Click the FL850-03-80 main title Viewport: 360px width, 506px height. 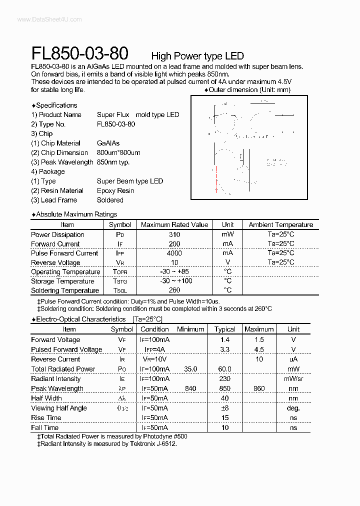pos(79,53)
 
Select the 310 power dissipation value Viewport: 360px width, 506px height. pos(174,234)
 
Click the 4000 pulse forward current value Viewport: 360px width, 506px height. pos(174,253)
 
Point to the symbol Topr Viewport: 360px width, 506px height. pos(120,272)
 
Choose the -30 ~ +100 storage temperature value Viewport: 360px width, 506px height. pos(174,281)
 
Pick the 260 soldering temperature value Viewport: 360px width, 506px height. pos(174,290)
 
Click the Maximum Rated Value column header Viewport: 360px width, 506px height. pos(174,225)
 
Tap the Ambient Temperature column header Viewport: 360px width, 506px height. pos(280,225)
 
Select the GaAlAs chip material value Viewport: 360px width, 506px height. pos(108,143)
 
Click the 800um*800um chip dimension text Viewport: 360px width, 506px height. pos(118,153)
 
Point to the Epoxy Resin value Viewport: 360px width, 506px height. pos(115,191)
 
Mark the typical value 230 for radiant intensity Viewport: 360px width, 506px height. pos(224,379)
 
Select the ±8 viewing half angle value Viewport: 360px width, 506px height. pos(224,408)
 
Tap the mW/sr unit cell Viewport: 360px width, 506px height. pos(293,379)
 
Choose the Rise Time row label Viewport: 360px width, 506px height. pos(46,418)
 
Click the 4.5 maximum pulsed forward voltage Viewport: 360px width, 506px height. pos(259,350)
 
